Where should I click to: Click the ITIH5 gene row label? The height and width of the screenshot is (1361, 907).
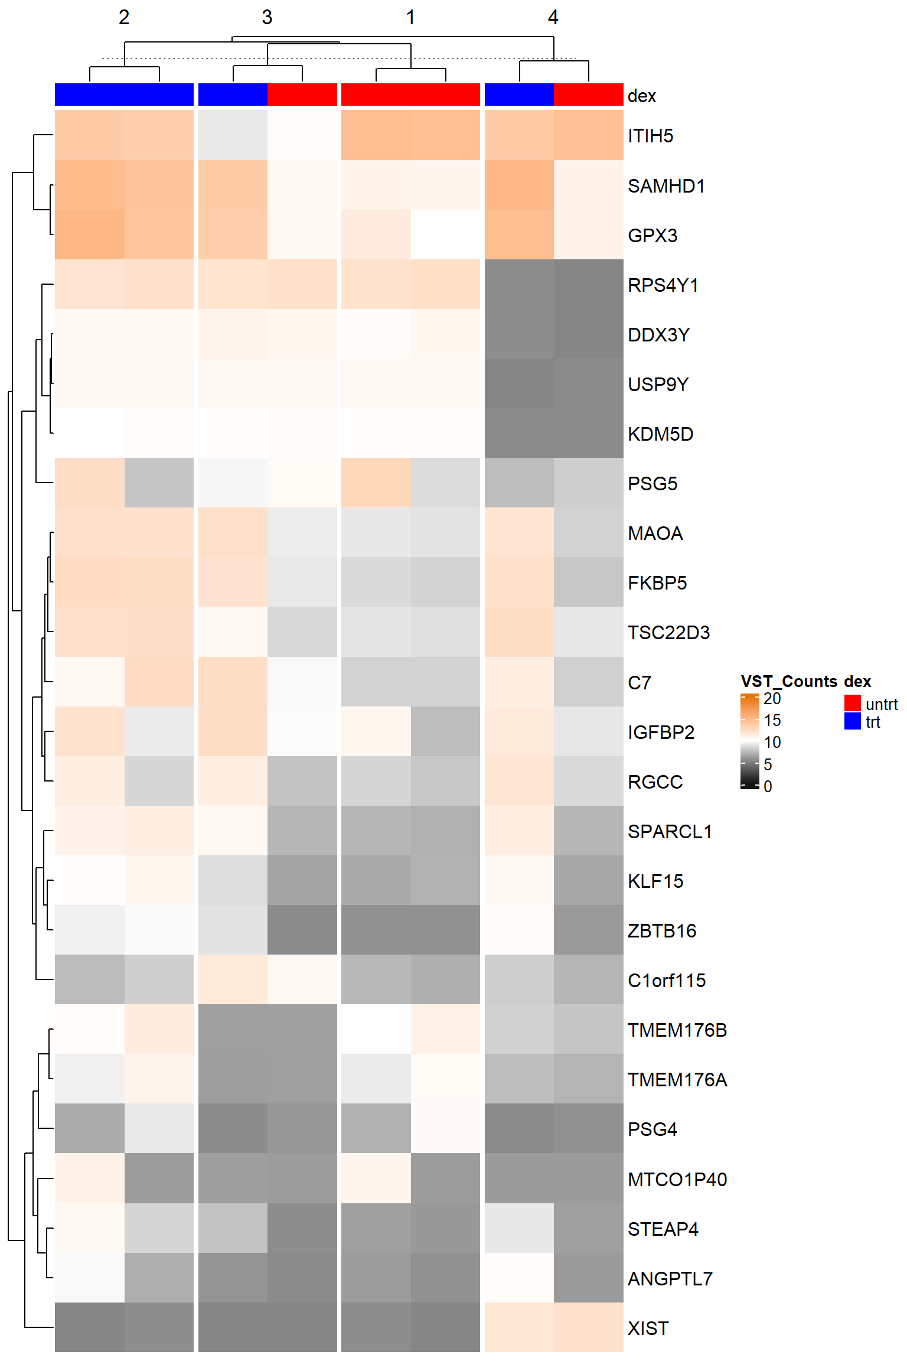650,136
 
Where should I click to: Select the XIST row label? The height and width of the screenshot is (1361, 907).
648,1328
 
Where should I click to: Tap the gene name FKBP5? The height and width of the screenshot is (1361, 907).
657,583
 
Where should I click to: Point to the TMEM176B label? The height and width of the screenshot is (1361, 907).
677,1030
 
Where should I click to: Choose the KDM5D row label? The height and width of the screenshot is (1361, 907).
660,434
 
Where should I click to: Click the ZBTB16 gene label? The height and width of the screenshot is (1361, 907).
662,931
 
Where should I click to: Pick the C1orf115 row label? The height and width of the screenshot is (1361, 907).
667,981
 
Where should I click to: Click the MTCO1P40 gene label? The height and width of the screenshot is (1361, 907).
677,1179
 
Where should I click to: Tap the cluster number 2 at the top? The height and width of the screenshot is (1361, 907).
124,17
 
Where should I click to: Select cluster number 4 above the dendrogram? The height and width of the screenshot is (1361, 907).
553,17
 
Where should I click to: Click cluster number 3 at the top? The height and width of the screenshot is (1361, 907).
267,17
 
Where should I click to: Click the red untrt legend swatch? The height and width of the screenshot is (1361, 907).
852,703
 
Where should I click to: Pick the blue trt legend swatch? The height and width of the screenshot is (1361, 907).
852,721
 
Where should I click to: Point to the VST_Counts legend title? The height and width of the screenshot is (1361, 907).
789,681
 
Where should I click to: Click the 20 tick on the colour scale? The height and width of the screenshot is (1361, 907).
772,698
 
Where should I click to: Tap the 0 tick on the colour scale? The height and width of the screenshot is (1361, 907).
768,786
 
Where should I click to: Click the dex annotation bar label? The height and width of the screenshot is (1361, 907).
642,96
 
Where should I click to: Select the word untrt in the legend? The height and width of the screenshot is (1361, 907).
882,704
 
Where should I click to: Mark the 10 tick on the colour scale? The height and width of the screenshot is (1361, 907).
772,742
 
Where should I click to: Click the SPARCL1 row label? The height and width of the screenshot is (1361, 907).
670,832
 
